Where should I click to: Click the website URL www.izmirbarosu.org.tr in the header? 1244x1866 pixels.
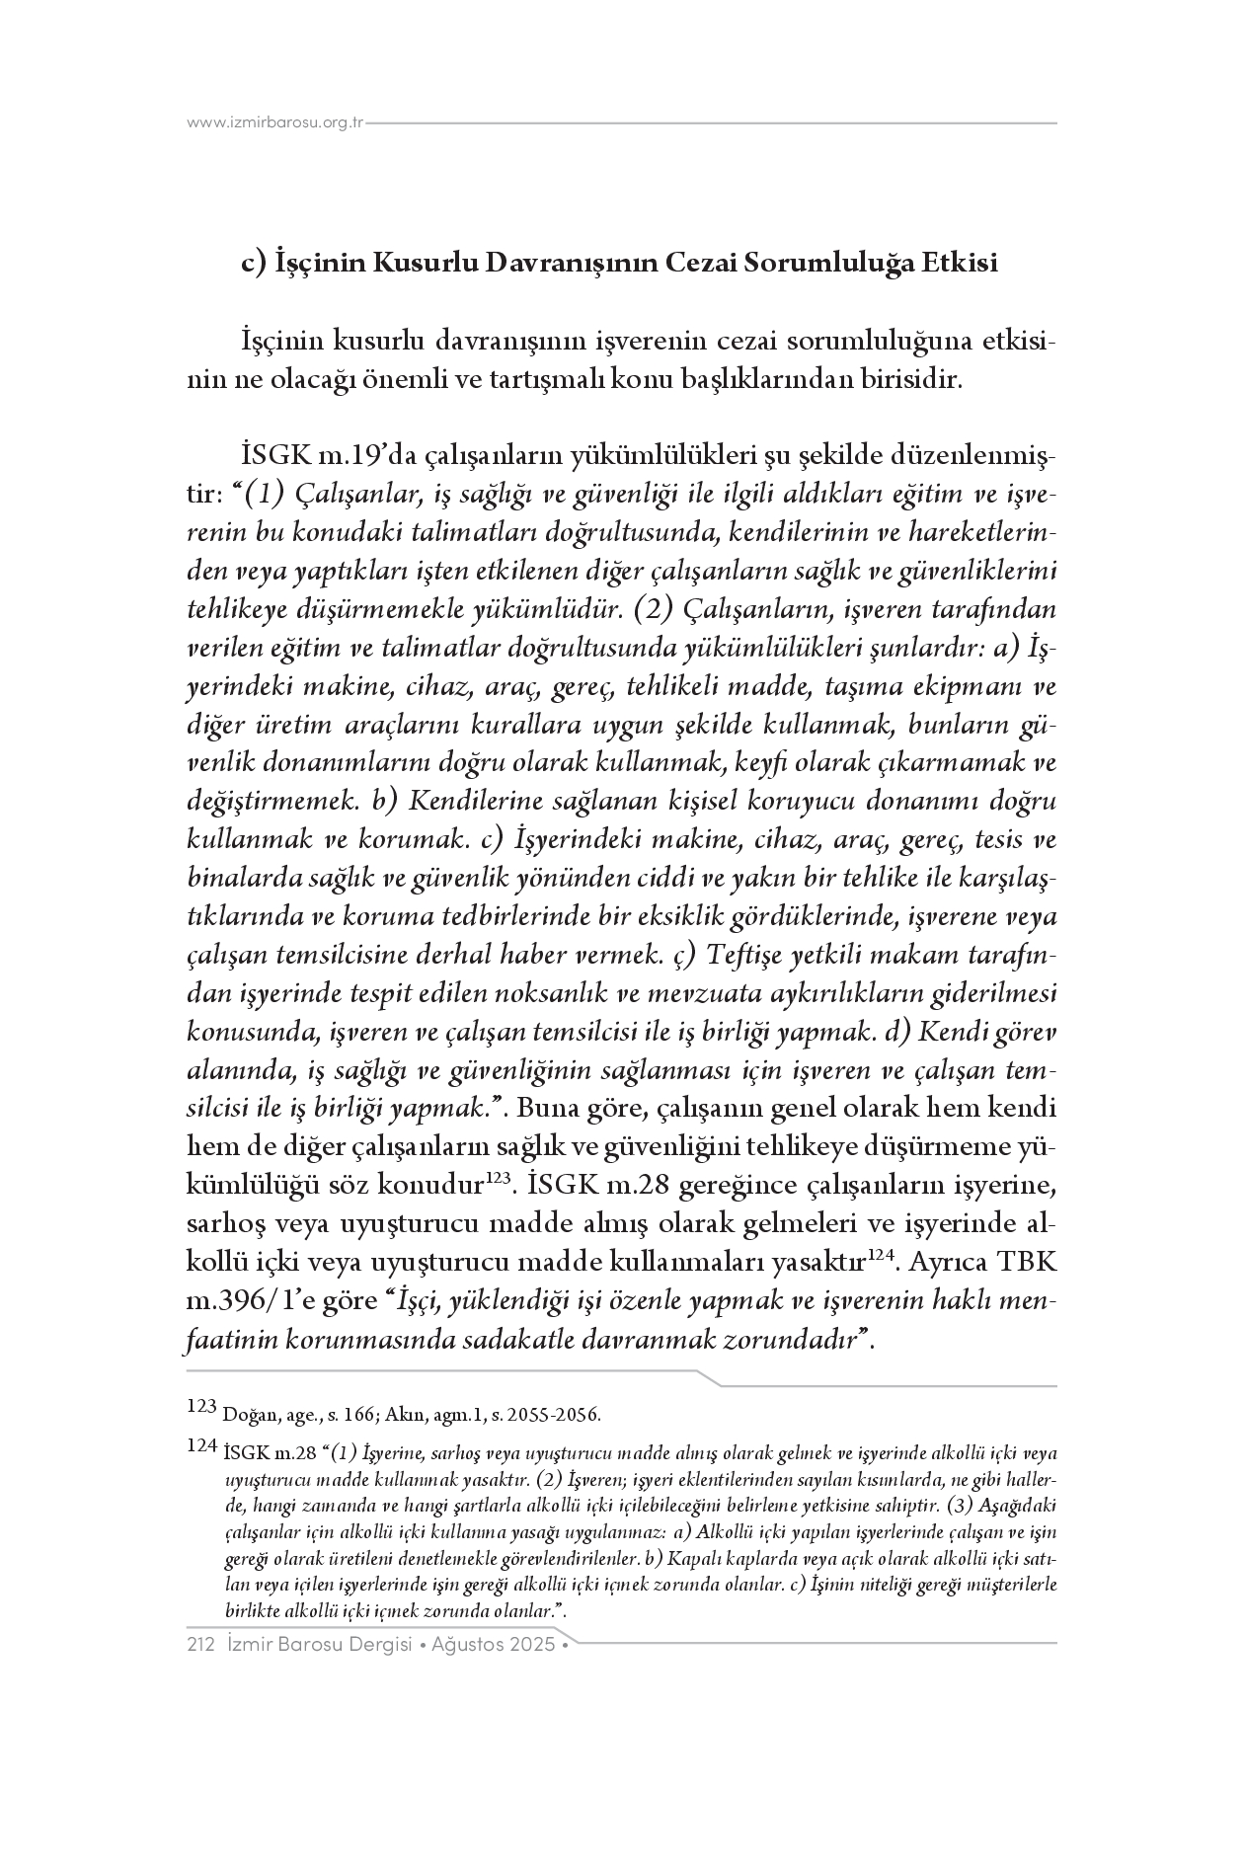[x=275, y=123]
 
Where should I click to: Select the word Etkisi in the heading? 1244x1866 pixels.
[x=959, y=265]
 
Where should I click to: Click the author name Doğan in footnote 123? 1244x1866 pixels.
[x=246, y=1414]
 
